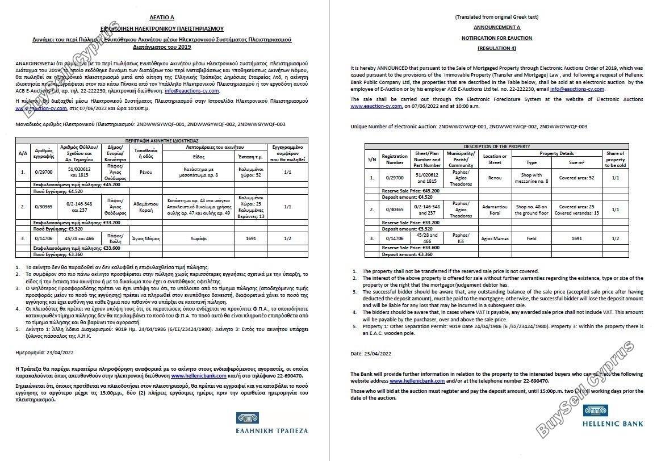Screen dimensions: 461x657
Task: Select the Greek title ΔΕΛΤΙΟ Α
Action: pos(162,18)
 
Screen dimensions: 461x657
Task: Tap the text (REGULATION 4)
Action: pos(496,48)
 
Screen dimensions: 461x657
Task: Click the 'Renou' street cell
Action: pos(494,178)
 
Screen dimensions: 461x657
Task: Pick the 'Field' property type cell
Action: pos(531,238)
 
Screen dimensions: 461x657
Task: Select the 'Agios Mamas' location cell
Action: pos(494,238)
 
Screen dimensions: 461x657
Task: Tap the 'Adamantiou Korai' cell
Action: pos(494,209)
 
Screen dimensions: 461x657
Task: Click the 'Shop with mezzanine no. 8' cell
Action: pos(531,178)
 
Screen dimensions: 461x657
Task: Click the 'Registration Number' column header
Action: pos(395,159)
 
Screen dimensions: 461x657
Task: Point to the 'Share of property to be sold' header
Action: pos(615,159)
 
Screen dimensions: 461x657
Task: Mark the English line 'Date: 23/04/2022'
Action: pos(371,353)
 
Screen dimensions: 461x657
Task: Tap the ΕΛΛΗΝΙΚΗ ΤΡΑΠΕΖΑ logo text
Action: pos(272,430)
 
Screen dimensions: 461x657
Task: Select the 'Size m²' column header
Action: pos(576,162)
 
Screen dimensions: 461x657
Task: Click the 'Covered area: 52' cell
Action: pos(576,178)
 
